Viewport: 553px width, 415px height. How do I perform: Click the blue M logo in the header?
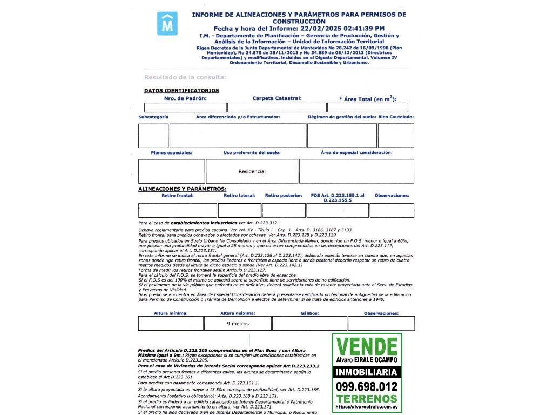(x=167, y=24)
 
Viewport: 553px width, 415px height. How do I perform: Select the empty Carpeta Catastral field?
(x=276, y=108)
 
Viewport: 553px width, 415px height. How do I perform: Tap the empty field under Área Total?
(x=367, y=108)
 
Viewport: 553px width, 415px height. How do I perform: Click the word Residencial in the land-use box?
(x=252, y=171)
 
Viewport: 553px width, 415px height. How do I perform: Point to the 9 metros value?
(x=238, y=324)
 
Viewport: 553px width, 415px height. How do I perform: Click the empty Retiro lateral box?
(x=239, y=210)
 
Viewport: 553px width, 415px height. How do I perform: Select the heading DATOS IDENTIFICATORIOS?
(x=181, y=91)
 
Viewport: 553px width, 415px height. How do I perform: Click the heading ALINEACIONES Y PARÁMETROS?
(x=182, y=189)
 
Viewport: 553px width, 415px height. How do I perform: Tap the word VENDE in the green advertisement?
(x=367, y=346)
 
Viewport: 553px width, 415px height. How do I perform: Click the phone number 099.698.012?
(x=367, y=386)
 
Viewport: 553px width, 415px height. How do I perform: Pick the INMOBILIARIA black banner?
(x=367, y=372)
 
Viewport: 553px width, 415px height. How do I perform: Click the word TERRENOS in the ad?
(x=367, y=399)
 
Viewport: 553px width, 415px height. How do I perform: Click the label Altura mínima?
(x=171, y=313)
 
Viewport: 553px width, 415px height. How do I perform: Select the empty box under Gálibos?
(x=309, y=324)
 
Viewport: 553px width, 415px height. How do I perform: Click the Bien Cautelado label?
(x=396, y=117)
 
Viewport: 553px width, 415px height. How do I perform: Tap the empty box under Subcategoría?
(x=153, y=136)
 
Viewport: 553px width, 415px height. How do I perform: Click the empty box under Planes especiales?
(x=172, y=171)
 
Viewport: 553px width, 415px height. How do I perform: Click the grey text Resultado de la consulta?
(x=177, y=77)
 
